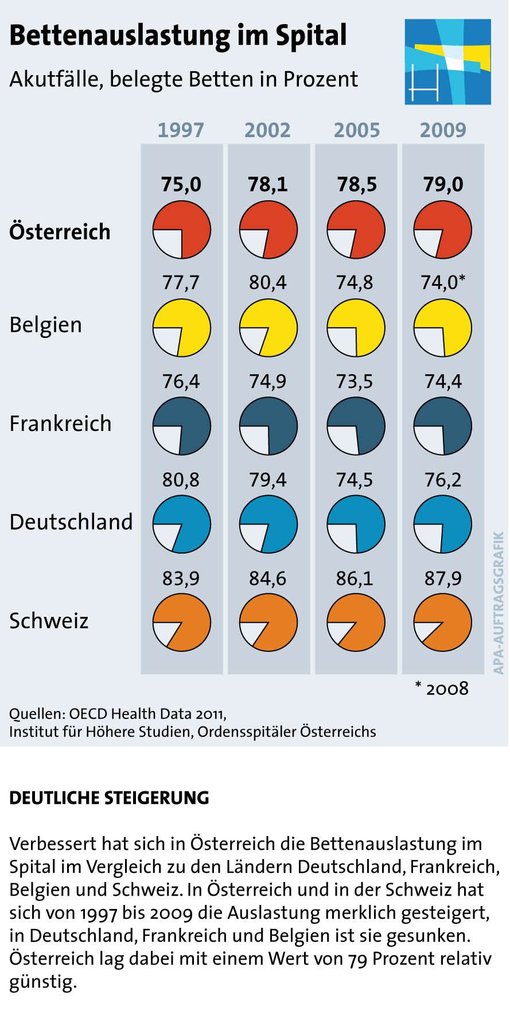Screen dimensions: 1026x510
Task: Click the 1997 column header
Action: pos(181,130)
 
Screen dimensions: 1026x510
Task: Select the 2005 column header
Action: pos(356,130)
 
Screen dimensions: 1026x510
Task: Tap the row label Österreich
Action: pos(60,232)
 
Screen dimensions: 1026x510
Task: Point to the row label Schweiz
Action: pos(49,621)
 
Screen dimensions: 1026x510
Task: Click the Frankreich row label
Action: pos(60,423)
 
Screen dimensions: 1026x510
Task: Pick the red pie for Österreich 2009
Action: pos(442,230)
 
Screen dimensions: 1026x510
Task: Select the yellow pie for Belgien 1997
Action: pos(181,328)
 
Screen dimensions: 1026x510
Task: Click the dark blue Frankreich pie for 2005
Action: pos(356,426)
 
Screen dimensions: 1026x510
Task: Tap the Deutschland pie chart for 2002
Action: pos(268,524)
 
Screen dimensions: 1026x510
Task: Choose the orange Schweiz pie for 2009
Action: pos(442,623)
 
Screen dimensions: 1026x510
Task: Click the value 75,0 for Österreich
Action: pos(181,184)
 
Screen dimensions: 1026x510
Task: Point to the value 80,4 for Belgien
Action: pos(268,283)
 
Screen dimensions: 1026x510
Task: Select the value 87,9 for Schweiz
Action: pos(442,578)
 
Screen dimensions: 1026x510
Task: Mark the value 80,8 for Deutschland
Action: pos(181,480)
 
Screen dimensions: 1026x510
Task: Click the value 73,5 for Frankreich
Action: pos(355,381)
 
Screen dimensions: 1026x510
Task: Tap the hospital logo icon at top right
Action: pos(447,61)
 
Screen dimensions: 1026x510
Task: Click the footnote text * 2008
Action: pos(441,689)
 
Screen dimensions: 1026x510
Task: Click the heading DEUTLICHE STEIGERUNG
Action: pos(109,798)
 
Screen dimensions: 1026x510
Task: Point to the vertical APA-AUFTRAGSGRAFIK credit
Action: pos(498,603)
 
